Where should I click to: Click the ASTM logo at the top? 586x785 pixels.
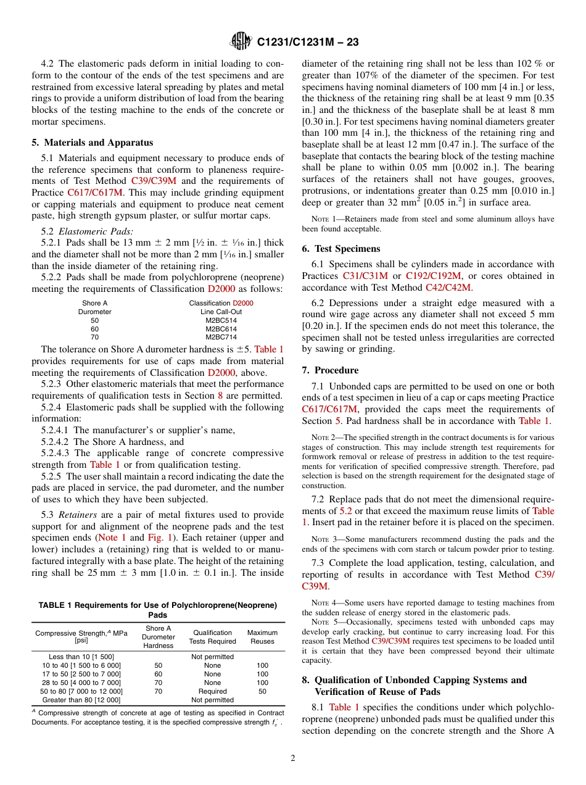click(x=241, y=41)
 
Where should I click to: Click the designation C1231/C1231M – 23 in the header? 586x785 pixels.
click(x=307, y=42)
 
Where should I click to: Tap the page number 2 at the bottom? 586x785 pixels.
click(x=293, y=758)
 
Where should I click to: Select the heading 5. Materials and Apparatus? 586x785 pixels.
click(x=93, y=143)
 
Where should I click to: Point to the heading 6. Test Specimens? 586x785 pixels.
click(x=341, y=249)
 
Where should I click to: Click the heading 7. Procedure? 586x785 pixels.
click(x=330, y=370)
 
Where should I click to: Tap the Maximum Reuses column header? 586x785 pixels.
click(x=262, y=637)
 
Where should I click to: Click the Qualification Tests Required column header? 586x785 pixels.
click(x=212, y=637)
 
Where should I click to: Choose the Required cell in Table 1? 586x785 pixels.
click(x=212, y=691)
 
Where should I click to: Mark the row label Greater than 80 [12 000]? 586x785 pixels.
click(x=81, y=700)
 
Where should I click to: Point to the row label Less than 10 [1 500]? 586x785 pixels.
click(x=81, y=657)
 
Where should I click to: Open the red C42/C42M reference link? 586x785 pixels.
click(x=448, y=287)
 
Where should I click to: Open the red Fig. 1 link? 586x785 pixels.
click(x=157, y=538)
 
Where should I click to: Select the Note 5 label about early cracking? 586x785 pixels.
click(x=324, y=622)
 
